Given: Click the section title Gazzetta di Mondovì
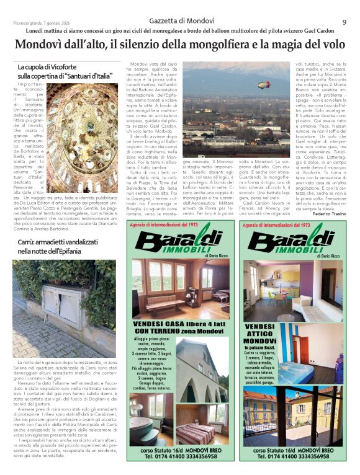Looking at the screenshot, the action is (179, 21).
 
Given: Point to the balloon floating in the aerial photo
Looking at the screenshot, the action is (264, 84).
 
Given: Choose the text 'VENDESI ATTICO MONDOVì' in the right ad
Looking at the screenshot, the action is (260, 334).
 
